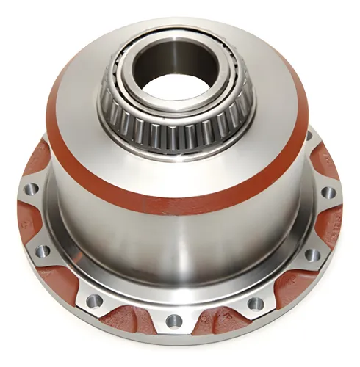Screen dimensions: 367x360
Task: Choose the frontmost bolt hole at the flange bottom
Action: coord(174,321)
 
